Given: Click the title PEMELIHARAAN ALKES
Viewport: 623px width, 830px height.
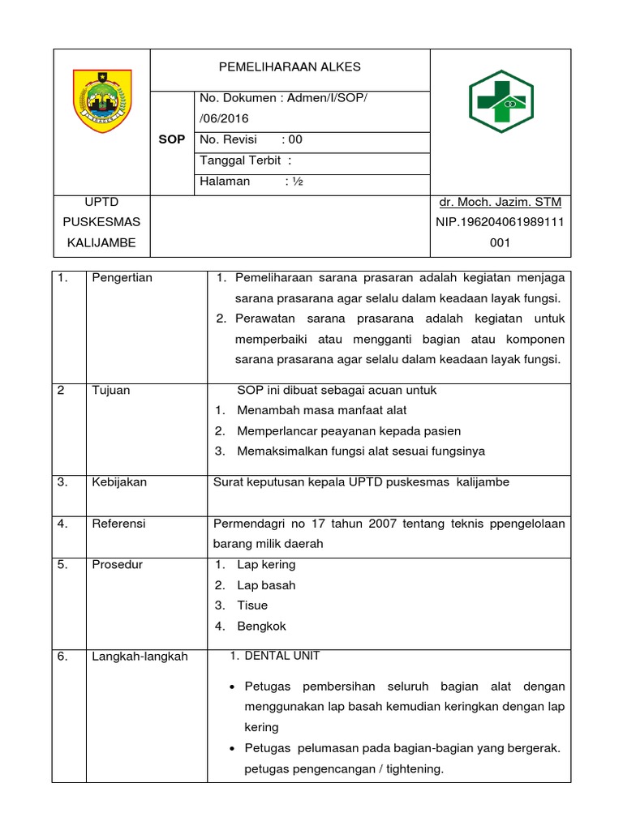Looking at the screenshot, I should click(290, 67).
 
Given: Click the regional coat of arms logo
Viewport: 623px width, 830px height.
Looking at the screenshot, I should click(101, 102).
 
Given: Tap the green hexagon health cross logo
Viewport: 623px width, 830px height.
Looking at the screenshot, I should click(501, 102).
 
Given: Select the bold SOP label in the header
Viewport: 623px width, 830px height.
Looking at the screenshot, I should click(171, 139).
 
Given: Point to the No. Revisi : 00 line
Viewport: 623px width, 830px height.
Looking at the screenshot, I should click(251, 139).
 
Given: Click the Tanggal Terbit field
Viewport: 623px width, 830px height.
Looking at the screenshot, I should click(245, 160).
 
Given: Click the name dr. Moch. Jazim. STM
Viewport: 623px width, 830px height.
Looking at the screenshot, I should click(500, 202).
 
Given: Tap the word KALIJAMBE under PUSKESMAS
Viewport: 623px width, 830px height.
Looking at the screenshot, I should click(101, 242).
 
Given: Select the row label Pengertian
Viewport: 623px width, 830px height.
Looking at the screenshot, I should click(122, 278).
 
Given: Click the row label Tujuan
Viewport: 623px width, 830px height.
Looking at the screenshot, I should click(111, 391).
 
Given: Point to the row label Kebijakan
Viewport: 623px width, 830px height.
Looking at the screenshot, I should click(119, 482).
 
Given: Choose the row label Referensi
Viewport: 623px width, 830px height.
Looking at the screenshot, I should click(118, 524).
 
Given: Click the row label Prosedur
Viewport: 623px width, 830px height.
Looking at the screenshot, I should click(117, 564).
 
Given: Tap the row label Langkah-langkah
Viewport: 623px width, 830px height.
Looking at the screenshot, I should click(140, 657).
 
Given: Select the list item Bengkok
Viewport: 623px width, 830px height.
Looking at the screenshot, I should click(261, 626).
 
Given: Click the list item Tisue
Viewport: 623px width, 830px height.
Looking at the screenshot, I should click(252, 605).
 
